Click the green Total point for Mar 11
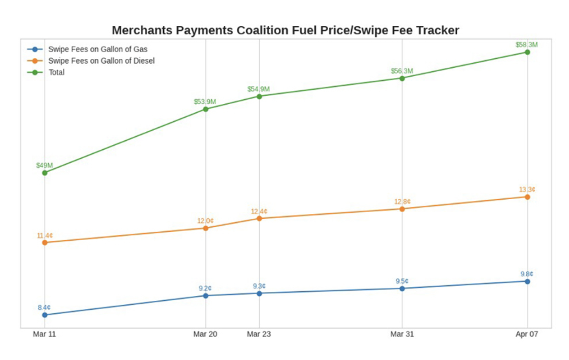click(45, 172)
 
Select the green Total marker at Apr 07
click(527, 52)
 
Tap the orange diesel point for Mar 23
click(259, 218)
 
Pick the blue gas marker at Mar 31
click(402, 288)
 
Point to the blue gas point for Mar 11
click(45, 315)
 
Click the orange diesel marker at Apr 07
click(527, 197)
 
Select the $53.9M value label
click(205, 102)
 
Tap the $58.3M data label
click(527, 45)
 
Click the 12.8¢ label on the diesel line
click(402, 201)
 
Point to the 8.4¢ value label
click(44, 307)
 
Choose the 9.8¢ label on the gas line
click(527, 274)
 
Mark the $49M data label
click(45, 165)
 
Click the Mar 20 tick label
click(205, 334)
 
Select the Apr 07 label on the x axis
click(527, 334)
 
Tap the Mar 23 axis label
click(259, 334)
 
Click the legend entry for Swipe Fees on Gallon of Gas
click(98, 49)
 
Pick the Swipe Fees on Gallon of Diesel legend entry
click(101, 61)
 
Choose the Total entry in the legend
click(57, 72)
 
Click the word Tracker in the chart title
click(436, 30)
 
